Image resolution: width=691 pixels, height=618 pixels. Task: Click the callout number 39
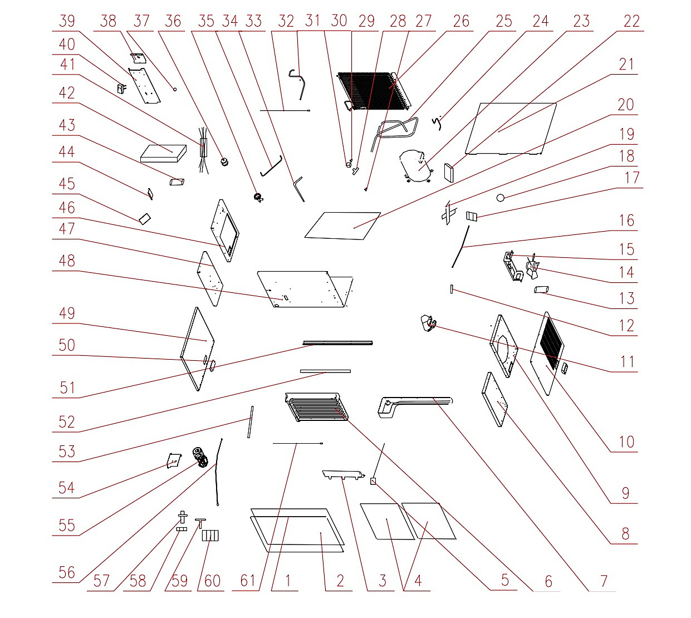(67, 21)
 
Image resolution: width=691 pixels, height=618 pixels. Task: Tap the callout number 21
(626, 65)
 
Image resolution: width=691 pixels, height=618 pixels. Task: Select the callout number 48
(67, 261)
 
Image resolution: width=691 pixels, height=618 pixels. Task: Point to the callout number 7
(604, 581)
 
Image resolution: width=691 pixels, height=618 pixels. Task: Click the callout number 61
(247, 581)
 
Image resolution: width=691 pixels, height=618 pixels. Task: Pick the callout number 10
(626, 442)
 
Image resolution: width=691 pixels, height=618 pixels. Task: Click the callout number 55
(67, 526)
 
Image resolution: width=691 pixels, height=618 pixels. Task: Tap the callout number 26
(461, 21)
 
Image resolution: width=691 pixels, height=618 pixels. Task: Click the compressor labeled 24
(416, 165)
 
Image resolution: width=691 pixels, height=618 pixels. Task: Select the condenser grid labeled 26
(375, 91)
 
